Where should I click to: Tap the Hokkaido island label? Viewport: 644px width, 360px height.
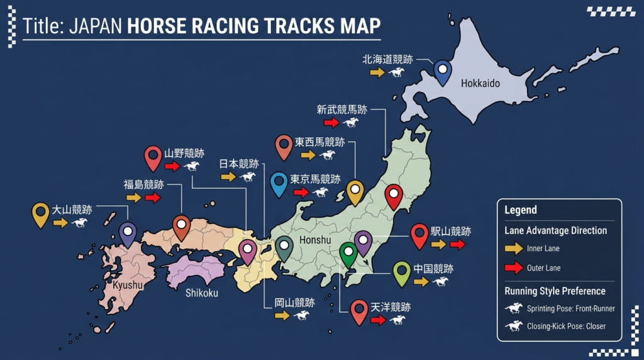(480, 83)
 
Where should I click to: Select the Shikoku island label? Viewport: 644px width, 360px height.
(201, 293)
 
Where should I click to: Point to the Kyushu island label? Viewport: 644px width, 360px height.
(128, 286)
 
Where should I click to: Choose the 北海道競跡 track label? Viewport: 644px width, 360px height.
(387, 59)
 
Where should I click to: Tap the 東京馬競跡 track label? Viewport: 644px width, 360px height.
(315, 179)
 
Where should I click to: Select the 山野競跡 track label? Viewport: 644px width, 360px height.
(184, 153)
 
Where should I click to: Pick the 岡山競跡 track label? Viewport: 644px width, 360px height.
(294, 302)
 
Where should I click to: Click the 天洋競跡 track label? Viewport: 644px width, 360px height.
(390, 307)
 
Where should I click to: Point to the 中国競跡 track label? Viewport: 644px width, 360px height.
(433, 269)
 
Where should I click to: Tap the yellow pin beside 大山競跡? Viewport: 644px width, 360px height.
(40, 213)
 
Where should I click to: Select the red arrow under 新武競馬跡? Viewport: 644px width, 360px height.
(331, 123)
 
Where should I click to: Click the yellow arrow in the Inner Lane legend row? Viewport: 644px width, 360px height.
(514, 249)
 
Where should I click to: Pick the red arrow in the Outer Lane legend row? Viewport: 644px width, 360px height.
(514, 268)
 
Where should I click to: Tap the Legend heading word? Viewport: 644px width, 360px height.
(521, 210)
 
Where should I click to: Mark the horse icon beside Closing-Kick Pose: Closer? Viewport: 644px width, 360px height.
(514, 326)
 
